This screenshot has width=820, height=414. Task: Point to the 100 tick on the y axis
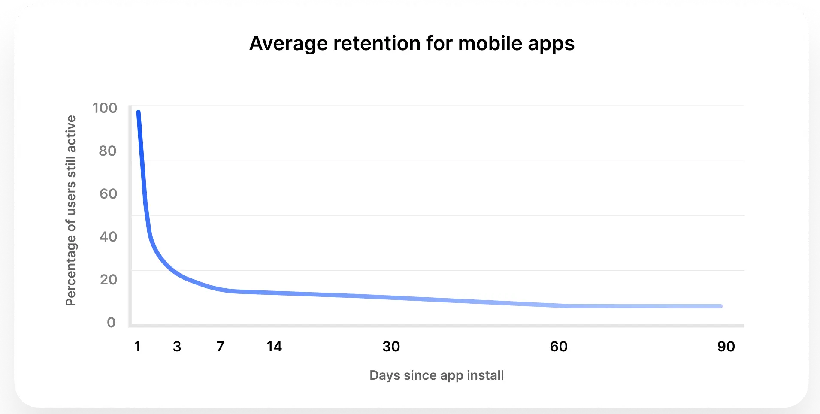tap(105, 108)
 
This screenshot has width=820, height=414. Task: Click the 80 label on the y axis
tap(107, 151)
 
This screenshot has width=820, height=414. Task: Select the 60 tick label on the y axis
tap(108, 194)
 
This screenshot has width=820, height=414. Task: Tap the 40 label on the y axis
tap(108, 237)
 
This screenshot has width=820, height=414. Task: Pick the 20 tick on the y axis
tap(108, 280)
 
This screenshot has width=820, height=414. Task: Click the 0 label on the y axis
tap(111, 323)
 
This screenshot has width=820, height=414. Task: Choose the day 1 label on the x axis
tap(137, 347)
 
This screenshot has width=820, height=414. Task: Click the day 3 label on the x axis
tap(177, 347)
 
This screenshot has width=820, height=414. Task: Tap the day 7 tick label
tap(220, 347)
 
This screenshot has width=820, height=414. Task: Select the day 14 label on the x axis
tap(274, 347)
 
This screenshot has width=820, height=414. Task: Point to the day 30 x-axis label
tap(391, 347)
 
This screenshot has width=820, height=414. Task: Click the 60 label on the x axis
tap(559, 347)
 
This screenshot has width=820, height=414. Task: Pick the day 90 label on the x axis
tap(726, 347)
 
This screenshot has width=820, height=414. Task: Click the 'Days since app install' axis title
tap(436, 375)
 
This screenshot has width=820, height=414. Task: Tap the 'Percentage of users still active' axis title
tap(71, 210)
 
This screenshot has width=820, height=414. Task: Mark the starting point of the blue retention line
tap(138, 112)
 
